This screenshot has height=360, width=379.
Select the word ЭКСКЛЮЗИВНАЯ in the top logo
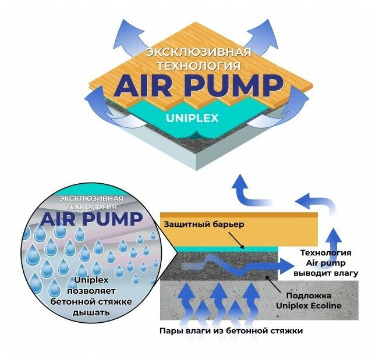(190, 52)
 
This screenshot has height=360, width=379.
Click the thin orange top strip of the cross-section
(239, 215)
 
